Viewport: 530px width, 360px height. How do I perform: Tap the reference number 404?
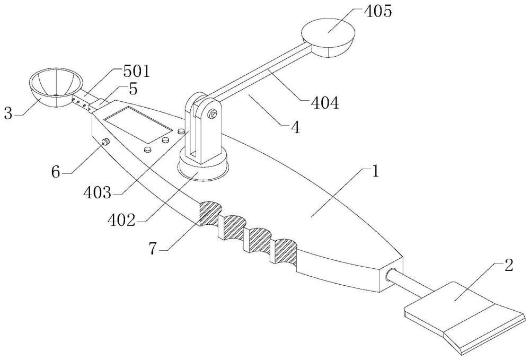[x=324, y=103]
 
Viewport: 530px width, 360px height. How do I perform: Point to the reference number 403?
[x=98, y=192]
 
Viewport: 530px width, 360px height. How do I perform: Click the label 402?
[x=121, y=221]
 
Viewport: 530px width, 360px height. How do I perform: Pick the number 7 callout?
[x=153, y=249]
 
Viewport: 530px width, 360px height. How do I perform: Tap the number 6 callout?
[x=56, y=172]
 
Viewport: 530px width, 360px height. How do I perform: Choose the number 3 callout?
[x=8, y=113]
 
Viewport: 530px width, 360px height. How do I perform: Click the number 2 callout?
[x=509, y=265]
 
